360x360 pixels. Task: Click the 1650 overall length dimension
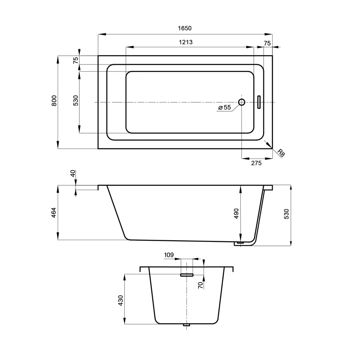[x=185, y=28]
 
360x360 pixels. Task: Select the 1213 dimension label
[x=186, y=42]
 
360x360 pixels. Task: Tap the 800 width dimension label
[x=54, y=100]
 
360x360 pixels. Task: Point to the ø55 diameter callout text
[x=225, y=107]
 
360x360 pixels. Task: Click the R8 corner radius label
[x=281, y=153]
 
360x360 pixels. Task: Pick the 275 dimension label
[x=256, y=163]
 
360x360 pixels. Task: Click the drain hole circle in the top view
[x=242, y=102]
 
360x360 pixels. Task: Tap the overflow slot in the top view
[x=259, y=102]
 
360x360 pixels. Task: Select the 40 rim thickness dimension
[x=73, y=174]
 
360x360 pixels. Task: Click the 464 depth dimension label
[x=54, y=213]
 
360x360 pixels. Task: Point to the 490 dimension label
[x=236, y=213]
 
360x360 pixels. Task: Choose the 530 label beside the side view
[x=286, y=214]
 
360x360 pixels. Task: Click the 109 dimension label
[x=169, y=255]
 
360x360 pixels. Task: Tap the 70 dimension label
[x=201, y=285]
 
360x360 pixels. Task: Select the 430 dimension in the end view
[x=121, y=301]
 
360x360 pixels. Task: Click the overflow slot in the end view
[x=186, y=275]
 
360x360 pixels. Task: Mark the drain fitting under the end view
[x=186, y=325]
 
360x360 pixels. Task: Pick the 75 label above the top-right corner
[x=267, y=43]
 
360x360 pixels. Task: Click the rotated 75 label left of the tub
[x=76, y=60]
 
